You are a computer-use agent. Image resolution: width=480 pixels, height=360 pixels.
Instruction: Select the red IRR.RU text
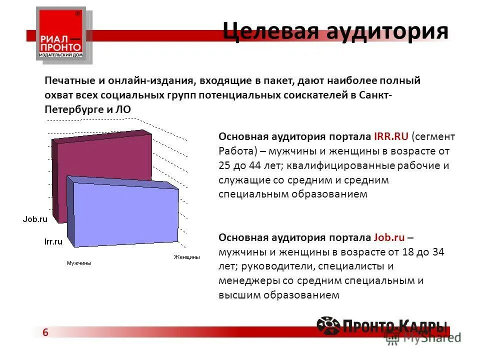[391, 136]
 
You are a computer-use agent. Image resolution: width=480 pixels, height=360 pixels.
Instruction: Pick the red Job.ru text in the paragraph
[391, 237]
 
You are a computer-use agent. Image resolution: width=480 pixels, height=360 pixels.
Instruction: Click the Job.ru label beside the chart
[35, 218]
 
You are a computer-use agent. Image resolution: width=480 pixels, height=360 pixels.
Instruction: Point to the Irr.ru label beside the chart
[53, 241]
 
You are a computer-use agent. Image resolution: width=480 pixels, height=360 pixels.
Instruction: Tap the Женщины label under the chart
[186, 257]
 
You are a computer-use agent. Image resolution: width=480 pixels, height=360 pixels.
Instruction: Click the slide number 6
[45, 333]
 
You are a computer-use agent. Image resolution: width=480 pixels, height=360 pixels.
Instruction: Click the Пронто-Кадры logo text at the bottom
[395, 326]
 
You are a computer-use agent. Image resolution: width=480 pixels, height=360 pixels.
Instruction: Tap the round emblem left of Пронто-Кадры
[328, 325]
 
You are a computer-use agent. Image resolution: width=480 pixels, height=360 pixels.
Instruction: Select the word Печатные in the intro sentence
[68, 80]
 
